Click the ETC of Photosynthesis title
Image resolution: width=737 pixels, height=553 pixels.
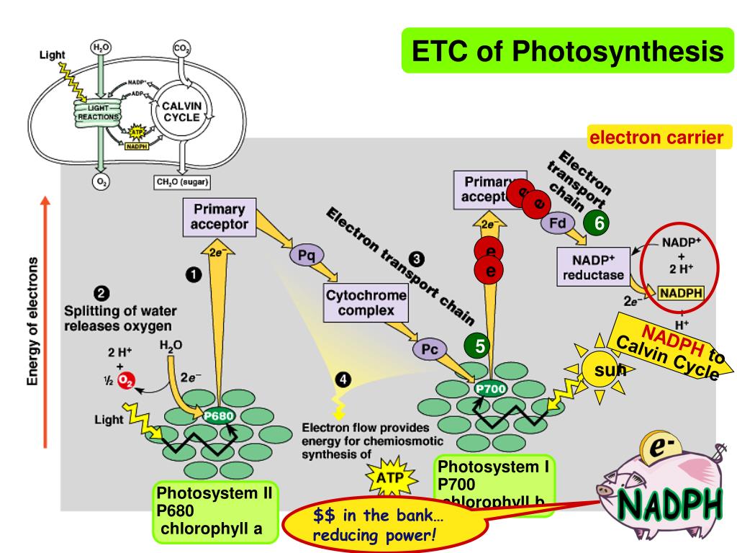[x=567, y=51]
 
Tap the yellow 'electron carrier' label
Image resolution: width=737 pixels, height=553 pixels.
[x=656, y=136]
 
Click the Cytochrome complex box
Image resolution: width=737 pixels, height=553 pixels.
[x=366, y=303]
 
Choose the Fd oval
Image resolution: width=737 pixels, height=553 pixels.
[x=557, y=222]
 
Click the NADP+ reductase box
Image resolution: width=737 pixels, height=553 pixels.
[x=594, y=266]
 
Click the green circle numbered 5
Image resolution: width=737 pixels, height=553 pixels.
[x=477, y=346]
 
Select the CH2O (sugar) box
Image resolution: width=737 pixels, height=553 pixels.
[x=182, y=182]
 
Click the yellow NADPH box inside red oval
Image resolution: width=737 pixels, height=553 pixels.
[x=681, y=293]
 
